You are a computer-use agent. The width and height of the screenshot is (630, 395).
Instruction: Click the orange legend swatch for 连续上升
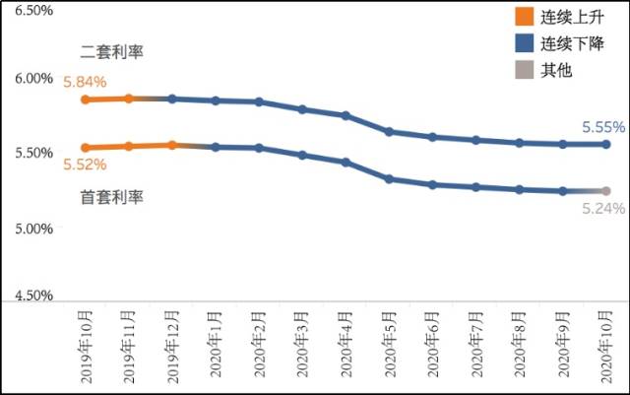point(524,17)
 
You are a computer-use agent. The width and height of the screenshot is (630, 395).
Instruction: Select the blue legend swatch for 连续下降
point(524,43)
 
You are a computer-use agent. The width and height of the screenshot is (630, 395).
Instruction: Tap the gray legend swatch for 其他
point(524,70)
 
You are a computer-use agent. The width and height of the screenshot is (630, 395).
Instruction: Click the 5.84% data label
point(84,83)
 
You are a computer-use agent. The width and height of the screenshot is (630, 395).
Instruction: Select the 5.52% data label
point(84,165)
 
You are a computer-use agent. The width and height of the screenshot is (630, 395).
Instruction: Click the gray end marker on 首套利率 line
point(605,191)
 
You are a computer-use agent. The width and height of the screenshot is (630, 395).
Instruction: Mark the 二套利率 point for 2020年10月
point(605,144)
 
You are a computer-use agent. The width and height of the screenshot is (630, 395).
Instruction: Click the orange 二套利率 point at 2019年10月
point(86,99)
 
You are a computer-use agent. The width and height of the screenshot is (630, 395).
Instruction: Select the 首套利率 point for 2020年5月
point(389,179)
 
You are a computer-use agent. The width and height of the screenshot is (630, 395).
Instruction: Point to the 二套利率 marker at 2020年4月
point(346,115)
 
